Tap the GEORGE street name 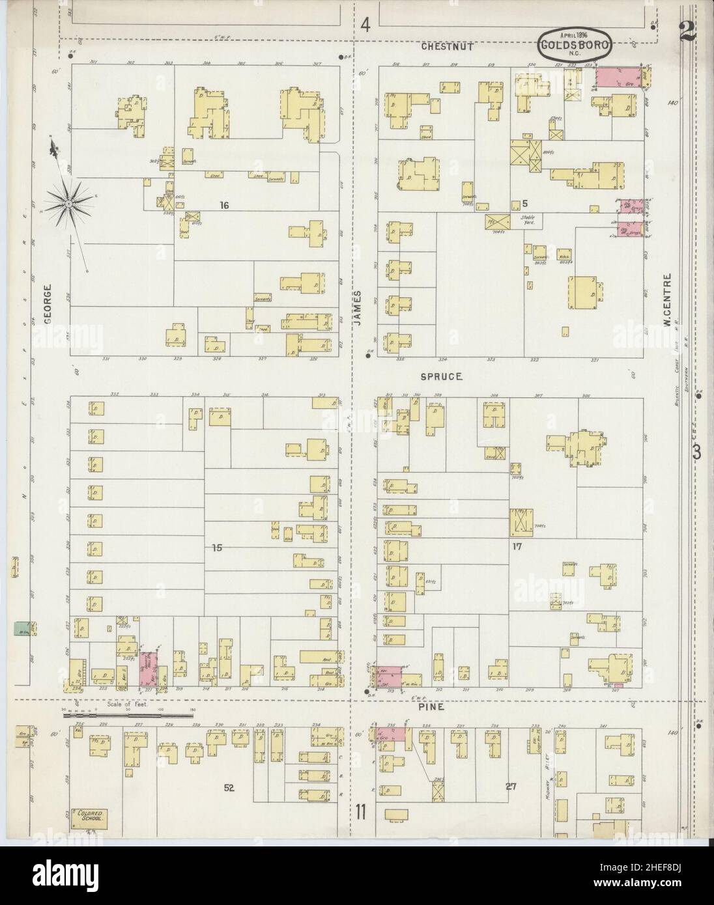pyautogui.click(x=47, y=305)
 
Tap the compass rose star pyautogui.click(x=68, y=204)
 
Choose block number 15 pyautogui.click(x=217, y=548)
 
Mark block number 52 pyautogui.click(x=229, y=788)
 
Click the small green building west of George pyautogui.click(x=20, y=628)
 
